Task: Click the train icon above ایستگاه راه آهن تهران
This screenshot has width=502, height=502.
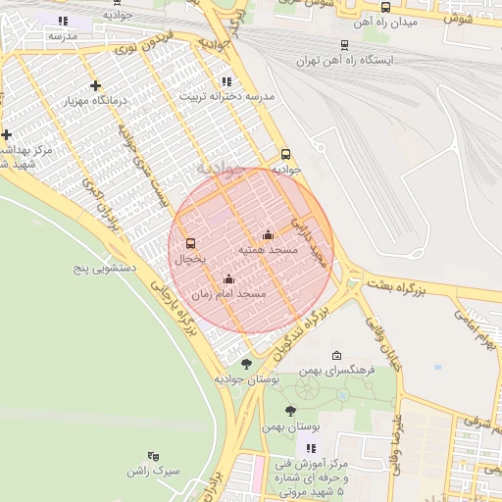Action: click(344, 44)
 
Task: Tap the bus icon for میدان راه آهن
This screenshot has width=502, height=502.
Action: click(384, 7)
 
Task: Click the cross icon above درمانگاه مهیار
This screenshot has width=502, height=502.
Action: click(95, 86)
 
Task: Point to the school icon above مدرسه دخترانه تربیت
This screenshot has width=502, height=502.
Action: click(226, 82)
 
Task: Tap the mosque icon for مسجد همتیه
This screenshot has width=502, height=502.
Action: click(268, 234)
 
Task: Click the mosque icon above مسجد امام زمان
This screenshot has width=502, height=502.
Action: click(228, 278)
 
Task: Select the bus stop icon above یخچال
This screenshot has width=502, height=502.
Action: click(190, 244)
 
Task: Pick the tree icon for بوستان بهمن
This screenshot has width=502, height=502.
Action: click(289, 411)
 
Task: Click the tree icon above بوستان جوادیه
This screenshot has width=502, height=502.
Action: click(245, 363)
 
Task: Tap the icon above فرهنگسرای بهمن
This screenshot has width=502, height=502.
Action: click(337, 355)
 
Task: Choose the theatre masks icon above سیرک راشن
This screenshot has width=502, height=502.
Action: click(152, 456)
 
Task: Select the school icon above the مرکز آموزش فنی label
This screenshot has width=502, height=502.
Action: click(312, 447)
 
